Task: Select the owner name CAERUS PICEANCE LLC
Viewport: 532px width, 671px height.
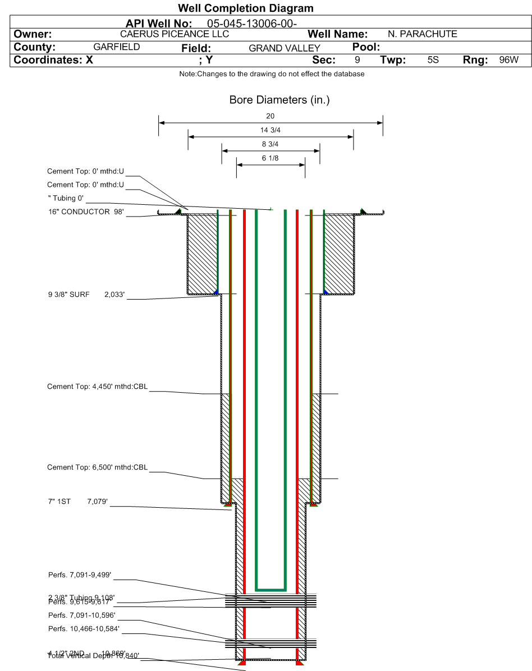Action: pyautogui.click(x=175, y=34)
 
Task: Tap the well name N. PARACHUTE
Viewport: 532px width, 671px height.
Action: pyautogui.click(x=422, y=34)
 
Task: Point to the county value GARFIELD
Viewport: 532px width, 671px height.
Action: pyautogui.click(x=116, y=47)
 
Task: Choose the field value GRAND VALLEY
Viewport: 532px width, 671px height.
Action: pyautogui.click(x=284, y=48)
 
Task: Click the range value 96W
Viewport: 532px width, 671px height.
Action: pyautogui.click(x=509, y=59)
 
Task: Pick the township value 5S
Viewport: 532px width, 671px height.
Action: pyautogui.click(x=433, y=59)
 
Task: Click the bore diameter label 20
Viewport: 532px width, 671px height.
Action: pyautogui.click(x=270, y=116)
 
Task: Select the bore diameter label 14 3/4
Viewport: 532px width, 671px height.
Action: pyautogui.click(x=270, y=130)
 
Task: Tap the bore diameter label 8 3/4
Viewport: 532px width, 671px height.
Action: pyautogui.click(x=270, y=144)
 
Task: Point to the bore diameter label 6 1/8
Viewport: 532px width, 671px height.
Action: pyautogui.click(x=270, y=158)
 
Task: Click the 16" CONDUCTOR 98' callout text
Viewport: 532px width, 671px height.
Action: pyautogui.click(x=85, y=212)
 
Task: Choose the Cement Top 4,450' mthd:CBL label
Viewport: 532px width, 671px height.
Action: pyautogui.click(x=97, y=387)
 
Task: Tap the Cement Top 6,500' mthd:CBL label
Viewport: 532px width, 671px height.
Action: pyautogui.click(x=97, y=467)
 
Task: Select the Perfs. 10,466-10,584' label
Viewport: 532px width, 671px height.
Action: pyautogui.click(x=84, y=628)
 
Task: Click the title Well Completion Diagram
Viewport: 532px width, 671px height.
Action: pyautogui.click(x=245, y=8)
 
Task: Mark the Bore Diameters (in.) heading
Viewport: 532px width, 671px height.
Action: pyautogui.click(x=279, y=100)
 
